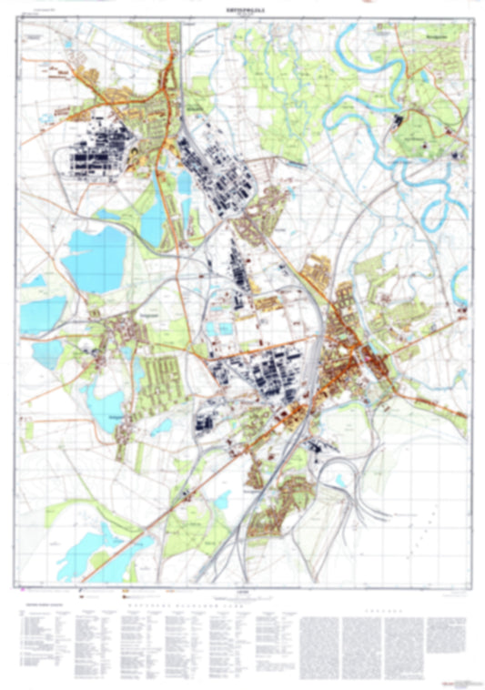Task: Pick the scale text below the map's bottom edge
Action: pyautogui.click(x=240, y=594)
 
